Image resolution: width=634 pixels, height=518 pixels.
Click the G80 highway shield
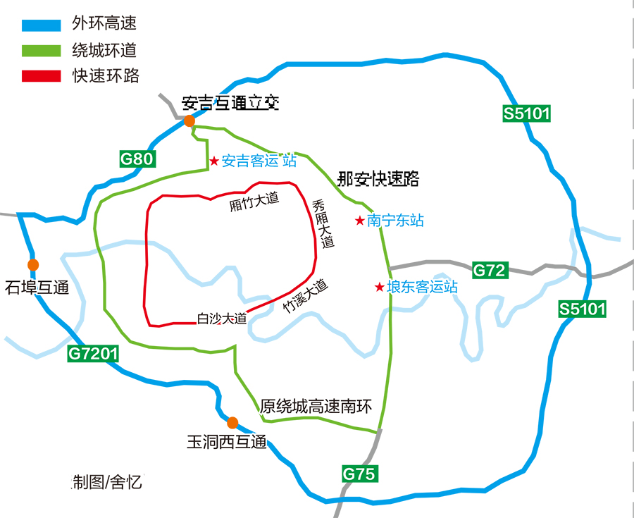pyautogui.click(x=136, y=159)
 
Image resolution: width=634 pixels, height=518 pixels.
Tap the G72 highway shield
pyautogui.click(x=490, y=269)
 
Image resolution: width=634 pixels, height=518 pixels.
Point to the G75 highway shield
pyautogui.click(x=360, y=474)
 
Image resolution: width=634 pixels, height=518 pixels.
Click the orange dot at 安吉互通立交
pyautogui.click(x=189, y=121)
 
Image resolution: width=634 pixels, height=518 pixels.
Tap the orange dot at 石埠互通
pyautogui.click(x=33, y=264)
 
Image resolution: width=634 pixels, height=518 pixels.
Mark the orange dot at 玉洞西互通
pyautogui.click(x=232, y=423)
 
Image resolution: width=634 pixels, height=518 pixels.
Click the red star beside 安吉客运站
pyautogui.click(x=214, y=161)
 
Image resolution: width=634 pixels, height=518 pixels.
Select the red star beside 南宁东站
pyautogui.click(x=360, y=221)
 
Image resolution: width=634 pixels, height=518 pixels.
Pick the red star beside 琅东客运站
pyautogui.click(x=379, y=288)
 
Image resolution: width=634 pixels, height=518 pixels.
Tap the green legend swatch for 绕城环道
pyautogui.click(x=42, y=51)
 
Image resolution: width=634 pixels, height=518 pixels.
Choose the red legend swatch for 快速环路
pyautogui.click(x=42, y=75)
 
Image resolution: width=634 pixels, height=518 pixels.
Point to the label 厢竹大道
pyautogui.click(x=254, y=202)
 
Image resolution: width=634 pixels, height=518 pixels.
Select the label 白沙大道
pyautogui.click(x=221, y=319)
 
